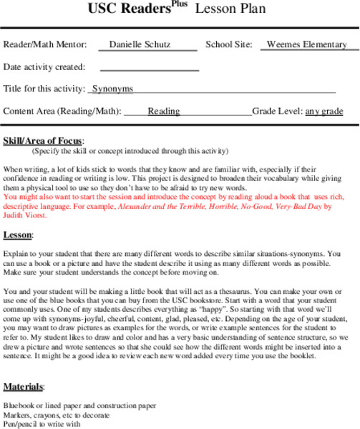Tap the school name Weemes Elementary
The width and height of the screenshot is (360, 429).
(306, 44)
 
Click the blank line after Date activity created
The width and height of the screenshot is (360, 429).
(149, 68)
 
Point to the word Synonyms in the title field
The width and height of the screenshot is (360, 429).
(112, 89)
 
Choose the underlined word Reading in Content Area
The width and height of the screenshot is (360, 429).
(164, 112)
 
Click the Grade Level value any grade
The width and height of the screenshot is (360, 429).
(324, 112)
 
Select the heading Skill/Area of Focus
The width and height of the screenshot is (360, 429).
(43, 140)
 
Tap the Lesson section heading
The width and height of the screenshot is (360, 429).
(17, 235)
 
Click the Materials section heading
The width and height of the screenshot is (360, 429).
(23, 387)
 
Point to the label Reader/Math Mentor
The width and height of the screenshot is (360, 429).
(44, 44)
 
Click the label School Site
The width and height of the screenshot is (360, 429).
(228, 44)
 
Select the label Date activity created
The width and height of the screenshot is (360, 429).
(44, 67)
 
